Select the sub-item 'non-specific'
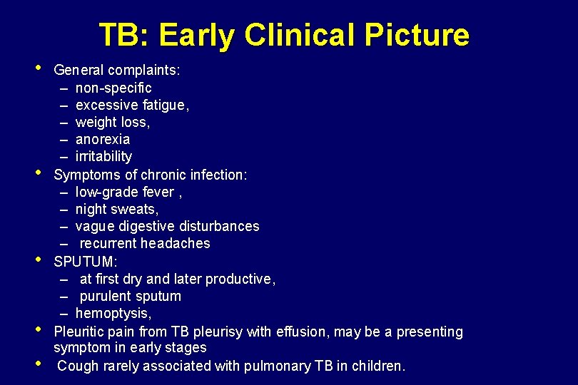point(113,88)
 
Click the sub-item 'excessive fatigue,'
point(132,105)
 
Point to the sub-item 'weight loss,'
point(113,122)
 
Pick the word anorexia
point(103,139)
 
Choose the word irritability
point(103,156)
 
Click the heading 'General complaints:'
point(117,71)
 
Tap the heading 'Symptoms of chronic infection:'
point(151,175)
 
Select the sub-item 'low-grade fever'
point(123,192)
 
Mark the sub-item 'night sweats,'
point(117,209)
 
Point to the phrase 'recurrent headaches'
point(145,243)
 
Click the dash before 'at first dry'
point(64,279)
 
